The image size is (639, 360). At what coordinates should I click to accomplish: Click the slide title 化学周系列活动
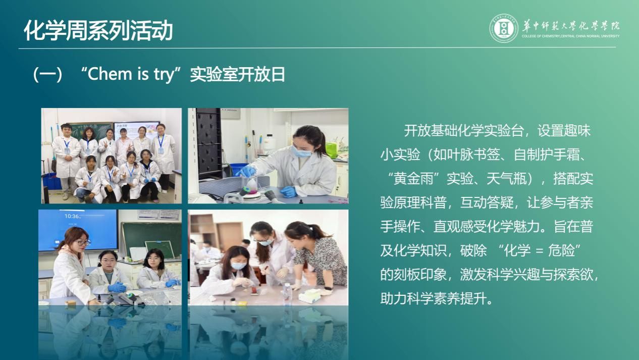pos(98,30)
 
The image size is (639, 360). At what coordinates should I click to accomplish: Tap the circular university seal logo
pos(504,28)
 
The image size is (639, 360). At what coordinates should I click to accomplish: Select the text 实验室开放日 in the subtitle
pos(237,74)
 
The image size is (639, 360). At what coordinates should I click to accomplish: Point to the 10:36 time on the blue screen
pos(72,216)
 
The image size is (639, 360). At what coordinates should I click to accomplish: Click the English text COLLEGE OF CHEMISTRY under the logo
pos(541,36)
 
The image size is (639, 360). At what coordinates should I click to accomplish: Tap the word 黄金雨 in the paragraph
pos(413,179)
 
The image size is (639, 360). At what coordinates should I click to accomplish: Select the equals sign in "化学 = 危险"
pos(539,251)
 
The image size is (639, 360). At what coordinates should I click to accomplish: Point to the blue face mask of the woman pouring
pos(301,152)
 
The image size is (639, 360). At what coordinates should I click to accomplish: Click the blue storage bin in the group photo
pos(51,181)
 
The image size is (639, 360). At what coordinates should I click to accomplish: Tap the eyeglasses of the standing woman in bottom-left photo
pos(83,243)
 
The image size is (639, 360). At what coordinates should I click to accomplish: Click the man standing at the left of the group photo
pos(67,160)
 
